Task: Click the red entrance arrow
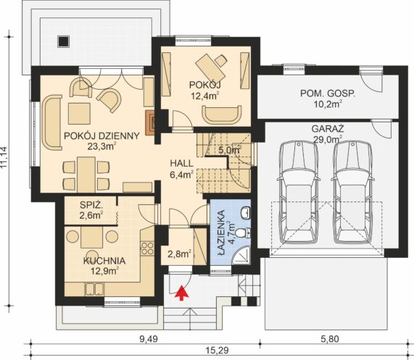point(181,293)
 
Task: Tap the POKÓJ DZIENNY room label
point(102,136)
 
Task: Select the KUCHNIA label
point(104,261)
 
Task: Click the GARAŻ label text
point(328,129)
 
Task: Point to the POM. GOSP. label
point(328,93)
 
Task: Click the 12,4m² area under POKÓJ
point(206,96)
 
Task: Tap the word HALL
point(181,163)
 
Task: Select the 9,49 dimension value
point(149,339)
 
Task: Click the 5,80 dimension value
point(330,339)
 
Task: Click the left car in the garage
point(299,192)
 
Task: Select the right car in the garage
point(352,192)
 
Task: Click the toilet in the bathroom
point(243,233)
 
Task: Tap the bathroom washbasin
point(246,212)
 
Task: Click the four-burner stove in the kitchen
point(147,248)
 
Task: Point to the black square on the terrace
point(63,41)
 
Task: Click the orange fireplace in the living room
point(150,122)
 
